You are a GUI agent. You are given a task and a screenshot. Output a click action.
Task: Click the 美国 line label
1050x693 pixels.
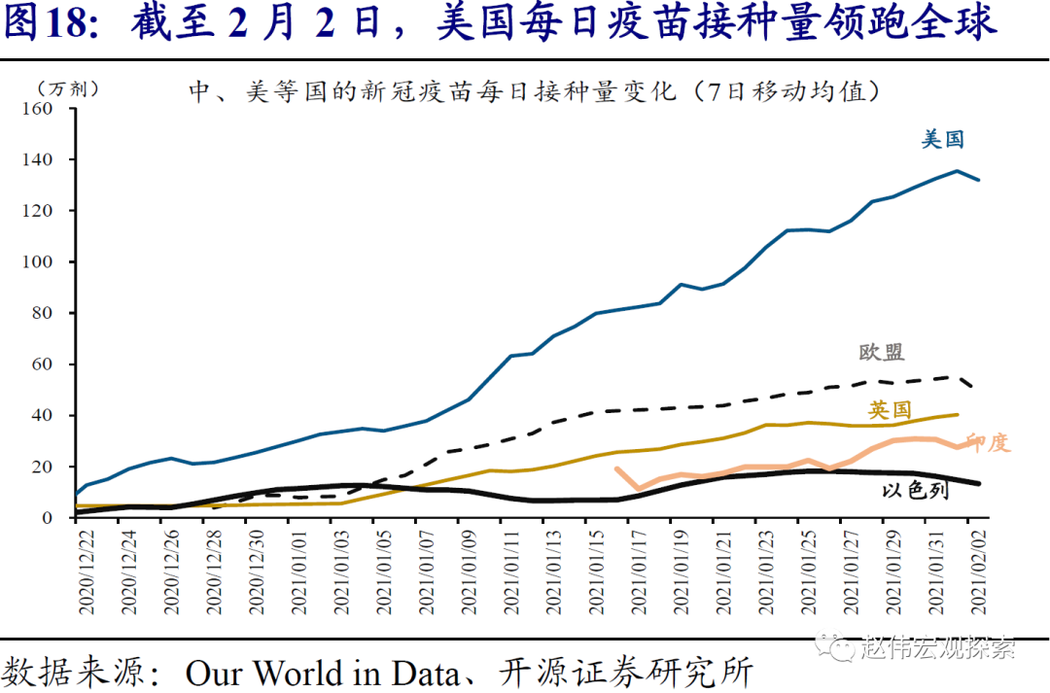coord(942,140)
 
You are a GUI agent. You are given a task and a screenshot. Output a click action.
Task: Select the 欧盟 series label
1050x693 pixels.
coord(881,352)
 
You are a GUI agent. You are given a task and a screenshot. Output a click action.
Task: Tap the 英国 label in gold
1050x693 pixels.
coord(890,409)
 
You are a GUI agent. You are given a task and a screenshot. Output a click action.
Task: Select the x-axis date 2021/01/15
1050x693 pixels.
coord(591,573)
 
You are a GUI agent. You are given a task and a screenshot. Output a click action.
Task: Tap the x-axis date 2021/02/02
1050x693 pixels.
coord(976,573)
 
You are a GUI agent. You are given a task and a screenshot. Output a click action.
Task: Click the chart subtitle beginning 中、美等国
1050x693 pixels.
coord(534,91)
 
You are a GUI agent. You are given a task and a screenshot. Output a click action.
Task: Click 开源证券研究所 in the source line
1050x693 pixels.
coord(626,673)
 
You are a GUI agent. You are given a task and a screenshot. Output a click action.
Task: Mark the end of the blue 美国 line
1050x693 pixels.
coord(978,180)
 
